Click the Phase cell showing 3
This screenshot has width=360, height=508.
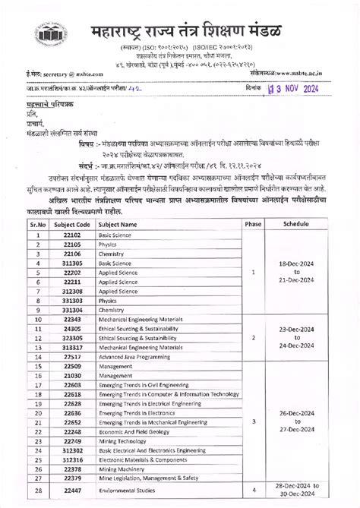pyautogui.click(x=253, y=419)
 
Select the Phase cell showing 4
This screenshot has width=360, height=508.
pyautogui.click(x=253, y=491)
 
